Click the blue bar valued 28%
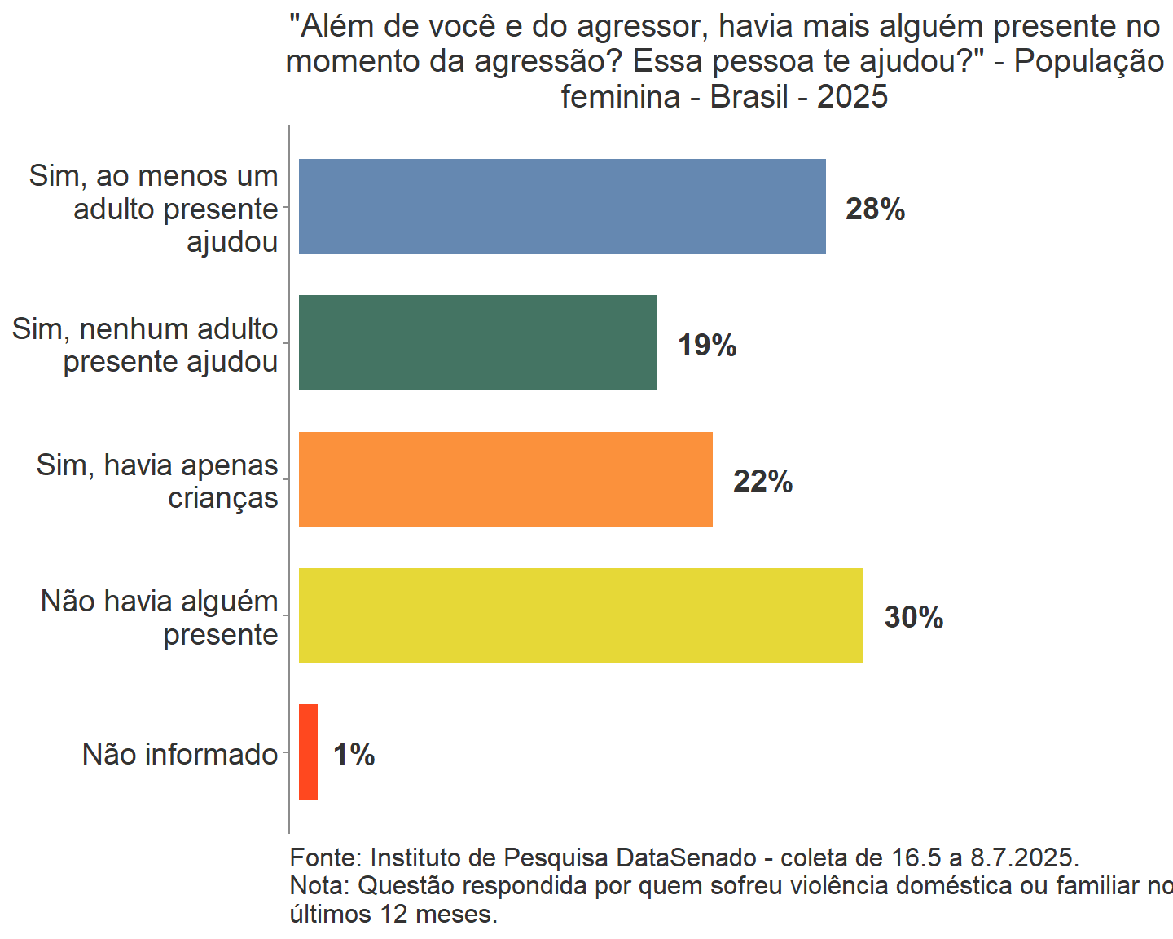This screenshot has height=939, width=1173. coord(562,206)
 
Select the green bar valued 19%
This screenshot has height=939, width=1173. coord(477,342)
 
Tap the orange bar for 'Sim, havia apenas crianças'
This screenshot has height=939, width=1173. coord(505,479)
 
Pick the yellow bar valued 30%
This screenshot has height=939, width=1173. coord(581,615)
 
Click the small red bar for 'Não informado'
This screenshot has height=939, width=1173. coord(308,752)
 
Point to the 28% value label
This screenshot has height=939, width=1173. coord(875,209)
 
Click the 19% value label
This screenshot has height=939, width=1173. coord(707,346)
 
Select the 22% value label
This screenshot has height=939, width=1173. coord(762,482)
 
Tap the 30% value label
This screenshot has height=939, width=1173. coord(914,618)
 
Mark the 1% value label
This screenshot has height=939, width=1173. coord(354,755)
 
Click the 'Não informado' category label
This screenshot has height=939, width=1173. coord(180,754)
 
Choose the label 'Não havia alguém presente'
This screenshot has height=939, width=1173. coord(160,618)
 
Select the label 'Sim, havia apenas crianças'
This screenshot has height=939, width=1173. coord(157,481)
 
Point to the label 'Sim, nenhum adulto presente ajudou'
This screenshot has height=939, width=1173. coord(145,345)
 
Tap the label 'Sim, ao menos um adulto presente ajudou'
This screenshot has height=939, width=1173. coord(154,209)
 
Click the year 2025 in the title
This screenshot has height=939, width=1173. coord(852,97)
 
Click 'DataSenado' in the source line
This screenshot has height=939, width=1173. coord(686,857)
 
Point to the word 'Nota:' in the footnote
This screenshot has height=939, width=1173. coord(320,885)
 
